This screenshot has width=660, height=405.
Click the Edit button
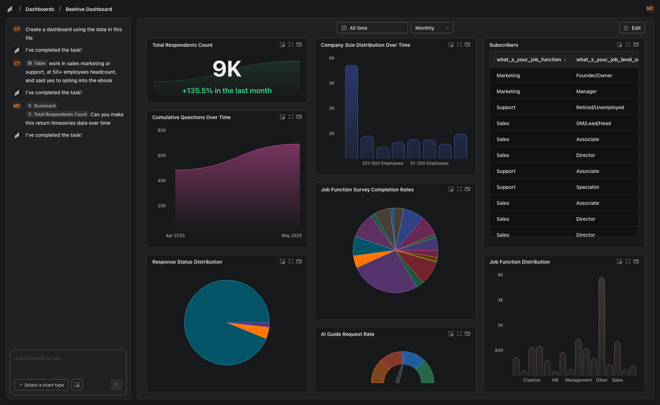point(632,28)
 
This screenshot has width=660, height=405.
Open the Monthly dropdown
point(432,28)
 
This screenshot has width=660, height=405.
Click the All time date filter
point(372,28)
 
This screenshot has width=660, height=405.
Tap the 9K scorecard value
point(227,69)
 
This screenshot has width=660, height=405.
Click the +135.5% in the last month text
point(227,91)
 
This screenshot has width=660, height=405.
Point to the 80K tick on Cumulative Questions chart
point(162,130)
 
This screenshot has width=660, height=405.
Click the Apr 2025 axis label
point(175,236)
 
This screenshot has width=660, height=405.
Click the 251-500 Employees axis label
point(383,163)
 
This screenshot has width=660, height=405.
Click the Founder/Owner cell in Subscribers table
point(594,75)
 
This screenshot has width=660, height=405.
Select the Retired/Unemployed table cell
point(600,107)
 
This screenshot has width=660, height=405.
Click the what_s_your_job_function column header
point(529,60)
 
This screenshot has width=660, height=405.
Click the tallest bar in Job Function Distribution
point(601,326)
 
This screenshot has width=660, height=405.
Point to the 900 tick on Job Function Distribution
point(499,350)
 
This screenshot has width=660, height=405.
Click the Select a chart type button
point(42,385)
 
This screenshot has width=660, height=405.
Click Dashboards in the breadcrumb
point(40,9)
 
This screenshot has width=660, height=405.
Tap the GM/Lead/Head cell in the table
point(593,123)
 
